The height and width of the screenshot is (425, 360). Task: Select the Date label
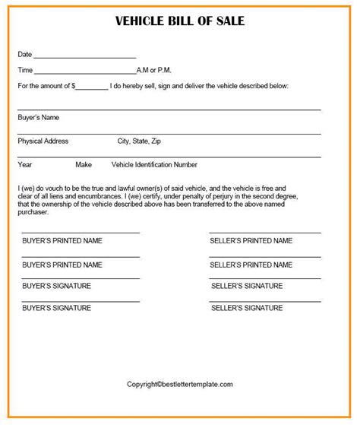pyautogui.click(x=24, y=54)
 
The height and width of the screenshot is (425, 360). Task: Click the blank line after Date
pyautogui.click(x=85, y=56)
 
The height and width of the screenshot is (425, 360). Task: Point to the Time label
pyautogui.click(x=24, y=70)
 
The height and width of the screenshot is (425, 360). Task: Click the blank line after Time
pyautogui.click(x=85, y=72)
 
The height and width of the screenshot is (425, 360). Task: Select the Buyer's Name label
pyautogui.click(x=38, y=118)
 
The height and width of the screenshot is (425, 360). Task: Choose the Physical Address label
pyautogui.click(x=43, y=141)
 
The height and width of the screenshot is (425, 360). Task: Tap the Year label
pyautogui.click(x=24, y=164)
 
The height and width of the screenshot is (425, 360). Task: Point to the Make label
pyautogui.click(x=84, y=164)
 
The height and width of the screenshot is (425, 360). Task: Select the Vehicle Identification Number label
pyautogui.click(x=154, y=164)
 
